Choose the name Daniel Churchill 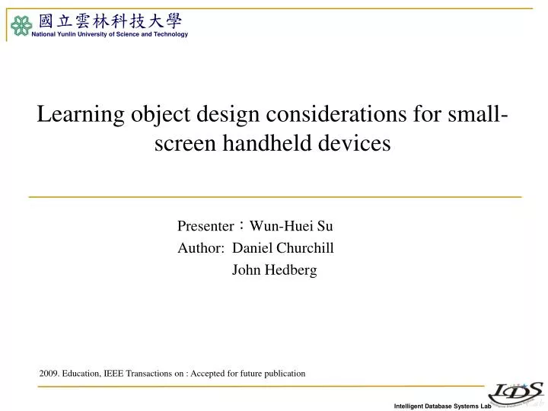click(x=282, y=247)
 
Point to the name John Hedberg click(x=274, y=269)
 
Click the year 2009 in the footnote click(x=48, y=374)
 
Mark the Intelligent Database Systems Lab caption click(x=438, y=406)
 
